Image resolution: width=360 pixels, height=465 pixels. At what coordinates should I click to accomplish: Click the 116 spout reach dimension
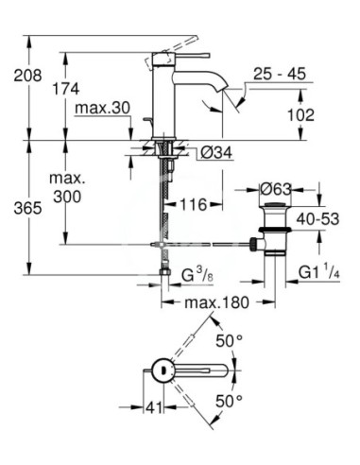[x=196, y=205]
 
